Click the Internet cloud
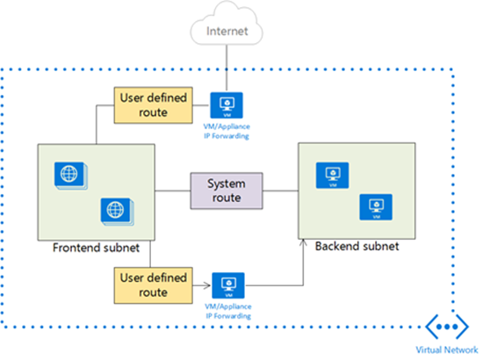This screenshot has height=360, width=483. [227, 31]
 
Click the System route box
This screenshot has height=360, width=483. [227, 191]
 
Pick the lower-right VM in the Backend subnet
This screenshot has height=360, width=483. [375, 206]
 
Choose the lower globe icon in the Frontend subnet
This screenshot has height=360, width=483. [114, 210]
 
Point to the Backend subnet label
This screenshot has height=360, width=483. [357, 247]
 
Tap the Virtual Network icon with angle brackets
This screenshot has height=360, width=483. [444, 326]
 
